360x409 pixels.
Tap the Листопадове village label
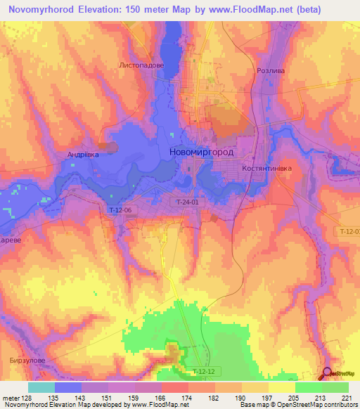click(142, 65)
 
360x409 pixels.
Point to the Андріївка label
click(83, 154)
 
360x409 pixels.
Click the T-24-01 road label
click(187, 202)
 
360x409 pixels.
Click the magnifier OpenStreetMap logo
click(328, 375)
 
